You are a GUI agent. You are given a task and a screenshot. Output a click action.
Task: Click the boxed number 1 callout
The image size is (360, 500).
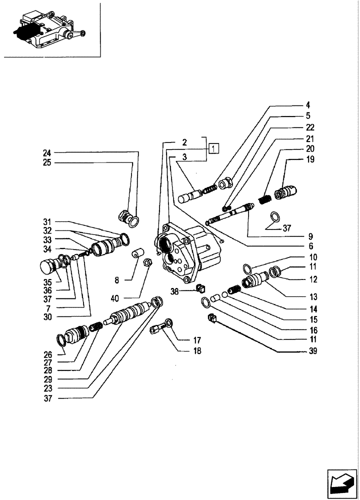[x=213, y=148]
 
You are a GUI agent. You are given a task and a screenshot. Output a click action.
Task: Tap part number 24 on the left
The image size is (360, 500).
[x=46, y=152]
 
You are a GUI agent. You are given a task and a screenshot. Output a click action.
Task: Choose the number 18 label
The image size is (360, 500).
[x=183, y=351]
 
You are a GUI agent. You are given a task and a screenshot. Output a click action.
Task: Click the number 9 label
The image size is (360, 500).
[x=310, y=235]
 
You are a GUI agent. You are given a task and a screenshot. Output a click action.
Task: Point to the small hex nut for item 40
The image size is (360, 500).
[x=147, y=261]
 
